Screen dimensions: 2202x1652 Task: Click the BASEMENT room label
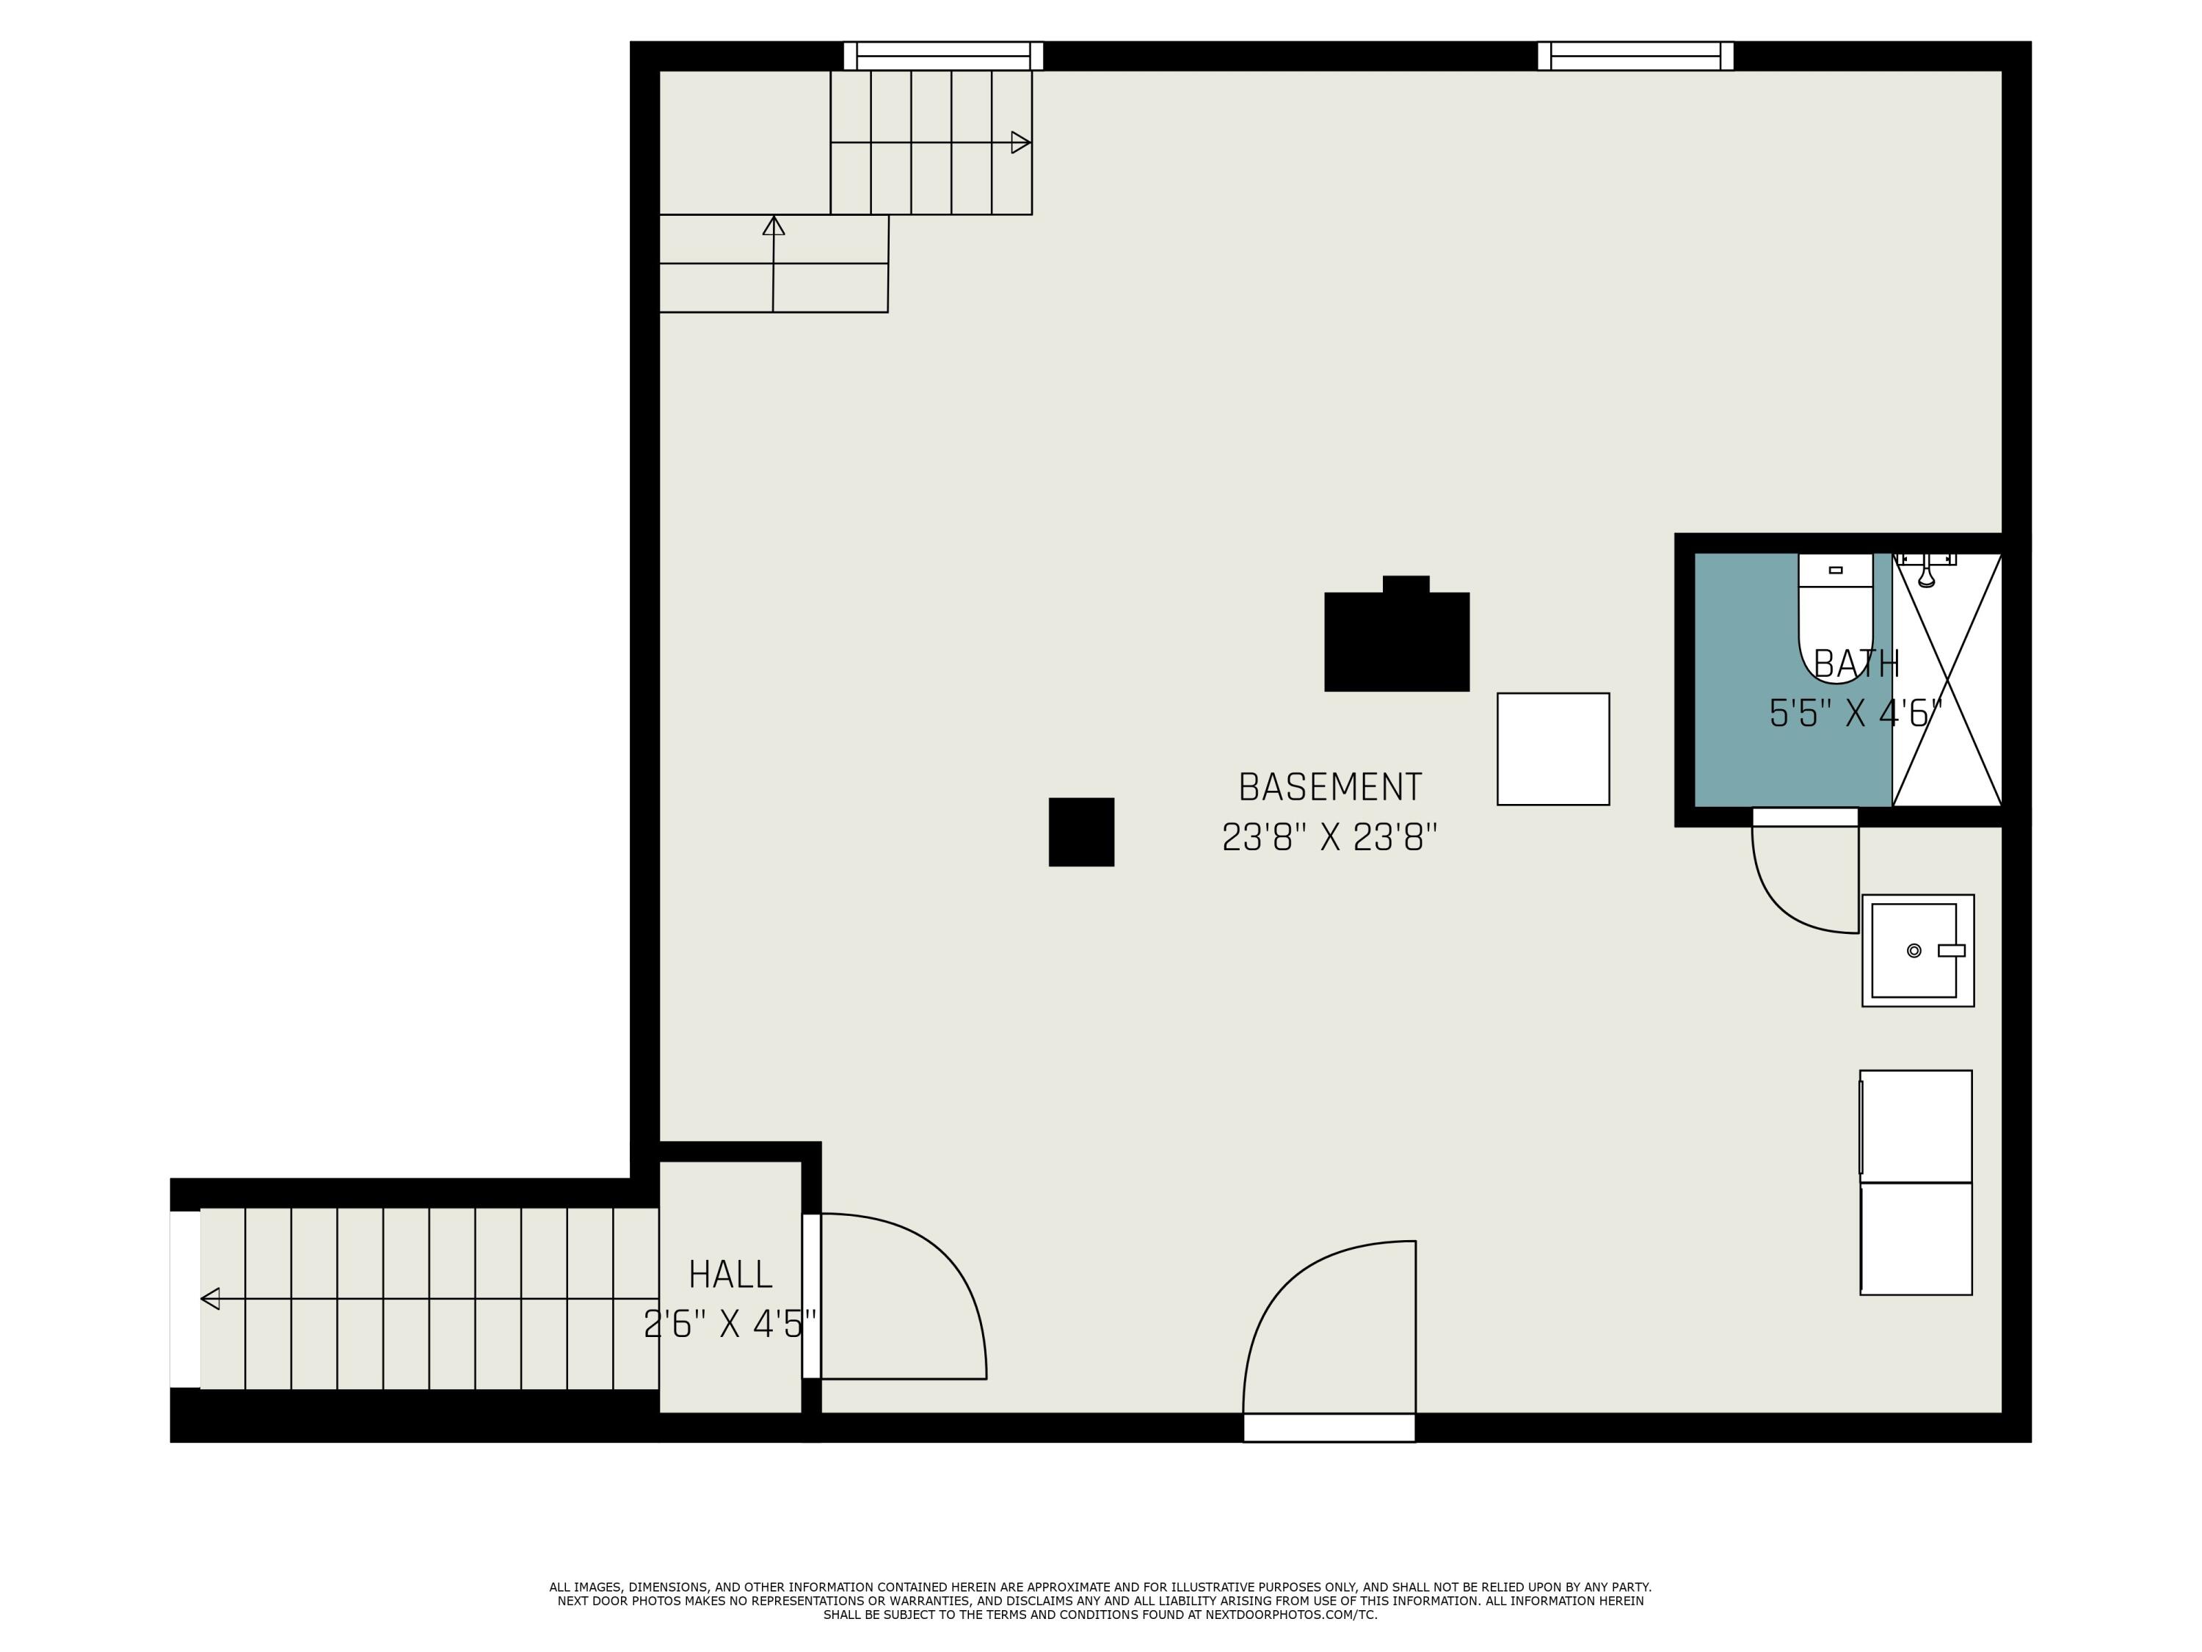pos(1329,788)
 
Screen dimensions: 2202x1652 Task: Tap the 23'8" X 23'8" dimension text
pos(1329,838)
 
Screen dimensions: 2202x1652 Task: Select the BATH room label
pos(1856,664)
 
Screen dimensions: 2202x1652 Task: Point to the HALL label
pos(730,1275)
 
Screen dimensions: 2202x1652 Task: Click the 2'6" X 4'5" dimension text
pos(730,1325)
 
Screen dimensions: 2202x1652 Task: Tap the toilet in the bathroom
pos(1835,618)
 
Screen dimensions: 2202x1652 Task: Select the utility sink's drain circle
pos(1914,951)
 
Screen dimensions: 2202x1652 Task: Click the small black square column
pos(1081,831)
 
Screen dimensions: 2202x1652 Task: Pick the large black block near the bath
pos(1397,637)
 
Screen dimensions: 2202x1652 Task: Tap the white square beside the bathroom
pos(1553,749)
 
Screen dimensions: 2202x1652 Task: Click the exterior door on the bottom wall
pos(1329,1427)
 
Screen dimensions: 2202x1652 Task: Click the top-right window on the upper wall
pos(1635,56)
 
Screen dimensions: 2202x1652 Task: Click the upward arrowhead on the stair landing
pos(774,225)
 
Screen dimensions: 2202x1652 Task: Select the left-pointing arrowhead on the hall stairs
pos(210,1299)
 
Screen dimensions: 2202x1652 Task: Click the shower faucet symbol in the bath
pos(1926,570)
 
